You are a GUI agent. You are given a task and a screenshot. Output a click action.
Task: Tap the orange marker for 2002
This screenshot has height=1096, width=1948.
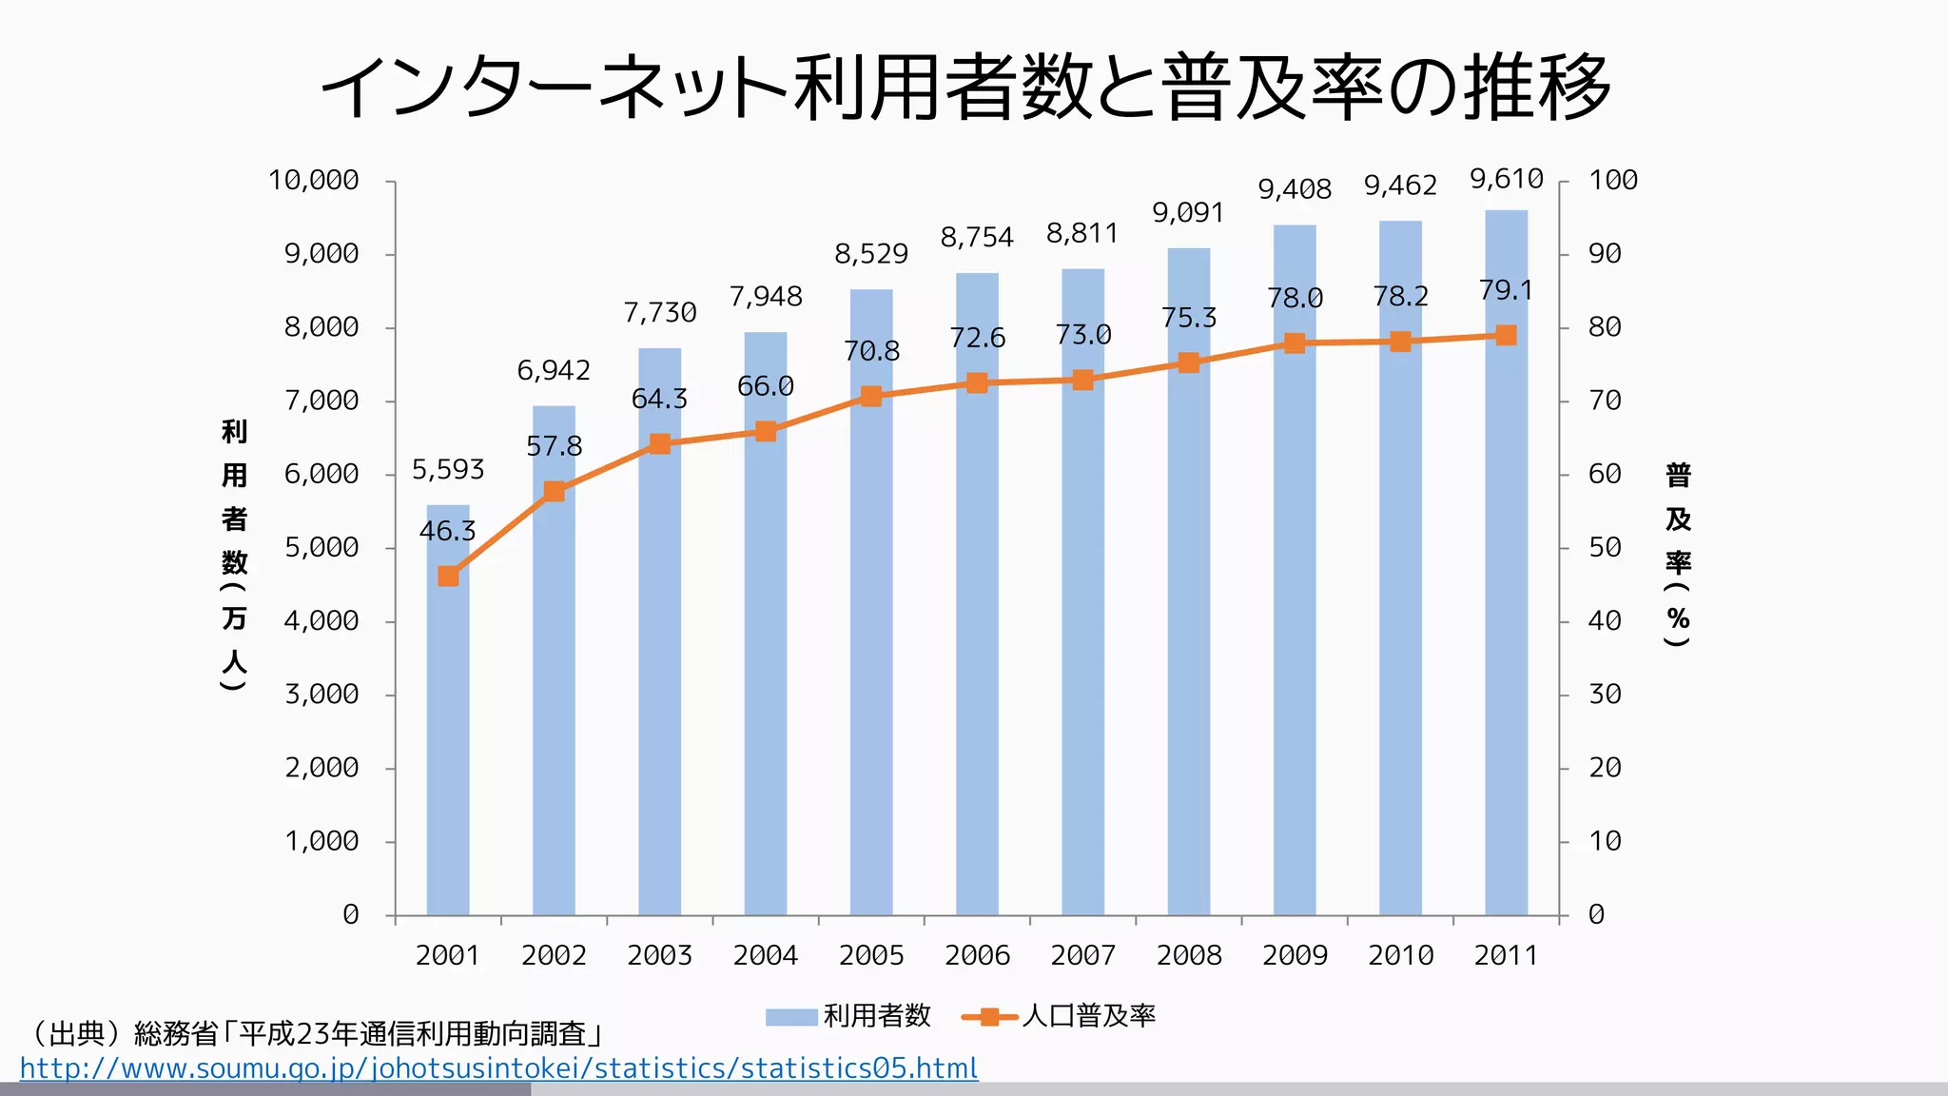coord(555,491)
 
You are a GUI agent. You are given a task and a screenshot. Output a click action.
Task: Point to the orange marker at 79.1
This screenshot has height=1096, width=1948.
coord(1506,335)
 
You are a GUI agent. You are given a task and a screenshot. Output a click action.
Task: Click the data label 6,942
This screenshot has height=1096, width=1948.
coord(554,370)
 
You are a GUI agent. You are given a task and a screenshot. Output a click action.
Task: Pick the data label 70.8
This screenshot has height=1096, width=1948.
coord(871,351)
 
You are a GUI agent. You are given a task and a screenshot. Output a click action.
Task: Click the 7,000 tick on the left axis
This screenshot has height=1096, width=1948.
coord(321,401)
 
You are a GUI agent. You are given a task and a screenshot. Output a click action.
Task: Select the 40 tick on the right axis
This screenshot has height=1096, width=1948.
coord(1605,621)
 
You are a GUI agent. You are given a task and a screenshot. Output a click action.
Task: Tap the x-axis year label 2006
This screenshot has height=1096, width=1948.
coord(977,955)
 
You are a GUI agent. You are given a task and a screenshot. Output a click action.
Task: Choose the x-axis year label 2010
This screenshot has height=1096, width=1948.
coord(1400,955)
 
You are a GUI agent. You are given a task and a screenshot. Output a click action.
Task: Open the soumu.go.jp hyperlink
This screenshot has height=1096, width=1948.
coord(498,1068)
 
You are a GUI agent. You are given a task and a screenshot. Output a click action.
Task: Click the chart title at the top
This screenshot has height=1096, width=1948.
coord(966,88)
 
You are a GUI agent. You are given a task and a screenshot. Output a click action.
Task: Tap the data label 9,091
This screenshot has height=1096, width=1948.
coord(1188,212)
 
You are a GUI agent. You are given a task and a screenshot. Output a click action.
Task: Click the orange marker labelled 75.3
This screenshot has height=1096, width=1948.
coord(1188,362)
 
